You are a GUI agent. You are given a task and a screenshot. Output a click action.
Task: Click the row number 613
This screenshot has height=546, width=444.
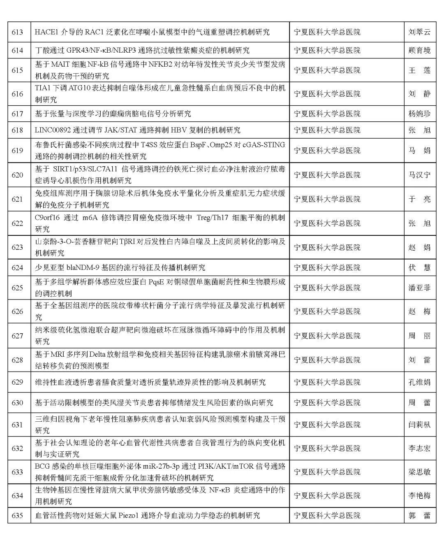(x=17, y=32)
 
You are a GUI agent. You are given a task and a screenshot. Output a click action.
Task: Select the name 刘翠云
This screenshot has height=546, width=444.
(x=419, y=32)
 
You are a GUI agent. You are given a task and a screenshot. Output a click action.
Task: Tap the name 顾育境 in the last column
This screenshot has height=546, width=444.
(x=419, y=51)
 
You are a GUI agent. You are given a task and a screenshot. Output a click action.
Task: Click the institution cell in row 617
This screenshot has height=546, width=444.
(x=327, y=114)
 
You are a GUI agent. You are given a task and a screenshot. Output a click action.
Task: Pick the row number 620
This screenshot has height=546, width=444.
(x=17, y=175)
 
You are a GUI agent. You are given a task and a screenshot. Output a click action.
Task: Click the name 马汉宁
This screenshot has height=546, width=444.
(x=419, y=175)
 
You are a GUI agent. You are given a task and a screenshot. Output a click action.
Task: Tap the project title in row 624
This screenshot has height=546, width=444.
(x=120, y=267)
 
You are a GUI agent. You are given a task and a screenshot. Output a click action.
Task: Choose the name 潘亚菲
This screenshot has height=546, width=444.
(x=419, y=288)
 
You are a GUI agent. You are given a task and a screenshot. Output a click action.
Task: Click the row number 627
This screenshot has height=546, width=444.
(x=17, y=336)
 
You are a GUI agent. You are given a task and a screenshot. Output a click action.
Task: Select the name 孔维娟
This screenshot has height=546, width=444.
(x=419, y=382)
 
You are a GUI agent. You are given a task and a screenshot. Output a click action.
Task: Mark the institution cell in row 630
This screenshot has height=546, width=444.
(x=327, y=402)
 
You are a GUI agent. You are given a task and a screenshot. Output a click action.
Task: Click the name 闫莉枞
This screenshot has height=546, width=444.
(x=419, y=425)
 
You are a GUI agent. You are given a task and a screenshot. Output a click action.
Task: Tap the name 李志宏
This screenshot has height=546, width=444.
(x=419, y=448)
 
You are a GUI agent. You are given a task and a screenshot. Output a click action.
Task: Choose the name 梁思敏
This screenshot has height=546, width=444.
(x=419, y=472)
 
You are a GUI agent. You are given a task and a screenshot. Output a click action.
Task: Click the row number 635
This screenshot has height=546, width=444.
(x=17, y=515)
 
